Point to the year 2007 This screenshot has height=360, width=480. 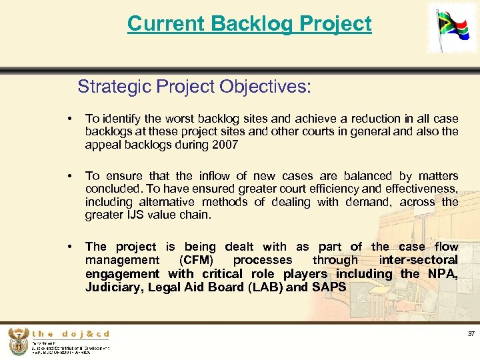[x=225, y=145]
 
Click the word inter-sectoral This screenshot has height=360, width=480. [x=418, y=260]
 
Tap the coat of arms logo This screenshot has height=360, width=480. [x=18, y=342]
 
